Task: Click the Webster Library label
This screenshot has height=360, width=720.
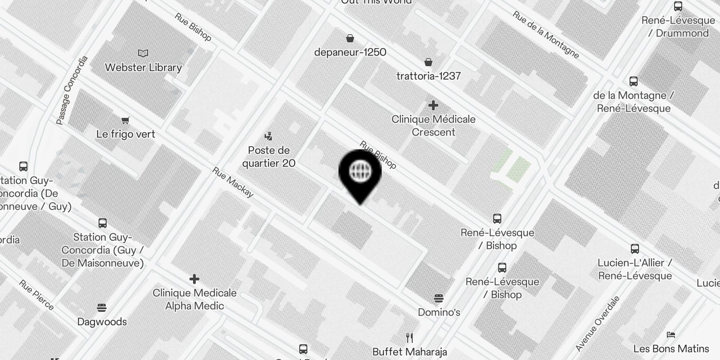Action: point(143,67)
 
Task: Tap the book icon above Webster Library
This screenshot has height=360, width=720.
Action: point(143,54)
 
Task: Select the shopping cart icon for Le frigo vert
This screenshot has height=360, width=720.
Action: point(126,120)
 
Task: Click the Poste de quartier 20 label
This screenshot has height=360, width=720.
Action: point(269,157)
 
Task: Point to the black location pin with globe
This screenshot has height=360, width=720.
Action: point(360,173)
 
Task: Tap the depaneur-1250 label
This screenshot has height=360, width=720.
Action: point(350,52)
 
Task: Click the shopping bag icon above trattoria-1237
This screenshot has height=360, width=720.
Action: point(428,62)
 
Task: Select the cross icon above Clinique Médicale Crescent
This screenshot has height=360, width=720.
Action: point(433,105)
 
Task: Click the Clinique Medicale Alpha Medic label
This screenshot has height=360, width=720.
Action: point(194,299)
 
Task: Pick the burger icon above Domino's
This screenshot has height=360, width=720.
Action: point(439,298)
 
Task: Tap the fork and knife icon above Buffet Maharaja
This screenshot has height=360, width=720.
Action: point(409,337)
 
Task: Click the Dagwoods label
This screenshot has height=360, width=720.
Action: point(102,322)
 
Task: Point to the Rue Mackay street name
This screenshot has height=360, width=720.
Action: point(233,182)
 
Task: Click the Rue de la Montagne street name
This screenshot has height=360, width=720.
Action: point(545,34)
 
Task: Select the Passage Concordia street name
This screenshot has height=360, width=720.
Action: point(72,90)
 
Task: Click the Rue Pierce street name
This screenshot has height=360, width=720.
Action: point(36,295)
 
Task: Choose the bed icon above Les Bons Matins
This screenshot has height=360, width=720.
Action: point(671,335)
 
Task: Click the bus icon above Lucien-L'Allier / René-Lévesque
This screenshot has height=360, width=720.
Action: point(635,249)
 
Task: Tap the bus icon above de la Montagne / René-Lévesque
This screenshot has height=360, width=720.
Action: point(634,81)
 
